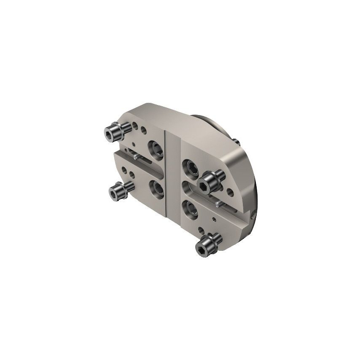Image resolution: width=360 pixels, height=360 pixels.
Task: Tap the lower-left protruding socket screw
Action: pyautogui.click(x=116, y=192)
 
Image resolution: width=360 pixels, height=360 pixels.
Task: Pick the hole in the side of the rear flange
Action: pyautogui.click(x=253, y=215)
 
